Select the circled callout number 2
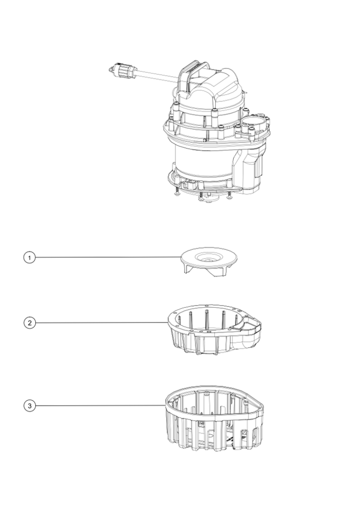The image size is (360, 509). coord(30,323)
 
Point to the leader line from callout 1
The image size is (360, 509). coord(108,257)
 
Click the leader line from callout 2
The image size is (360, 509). coord(101,323)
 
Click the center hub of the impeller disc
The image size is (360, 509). coord(208,259)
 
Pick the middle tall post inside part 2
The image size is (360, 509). coord(206,320)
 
